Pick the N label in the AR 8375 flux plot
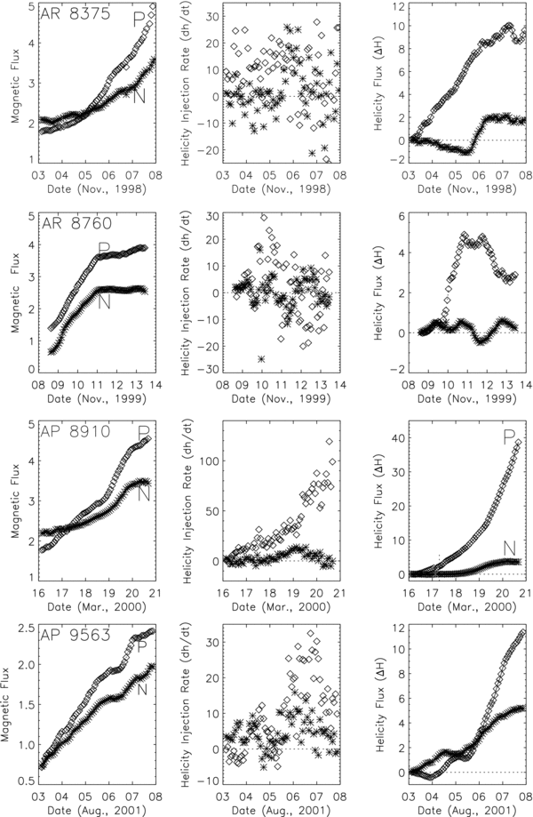pyautogui.click(x=139, y=96)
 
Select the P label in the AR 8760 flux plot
pyautogui.click(x=104, y=248)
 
